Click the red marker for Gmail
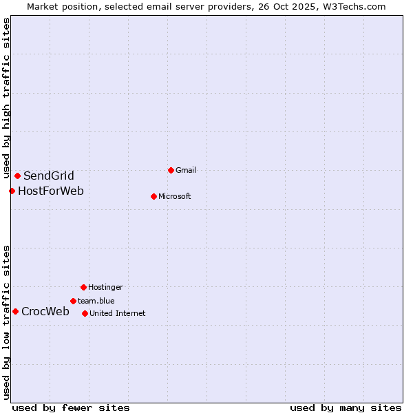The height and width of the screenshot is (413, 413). (x=171, y=170)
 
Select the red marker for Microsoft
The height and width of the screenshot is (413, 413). (x=153, y=196)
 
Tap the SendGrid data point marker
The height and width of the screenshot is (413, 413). (x=17, y=176)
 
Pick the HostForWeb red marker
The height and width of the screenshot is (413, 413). (x=12, y=191)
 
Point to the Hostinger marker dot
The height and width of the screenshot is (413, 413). (x=83, y=287)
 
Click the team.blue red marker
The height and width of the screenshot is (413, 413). (x=73, y=301)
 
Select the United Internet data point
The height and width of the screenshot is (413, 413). (x=85, y=313)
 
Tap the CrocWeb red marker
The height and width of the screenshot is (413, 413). (x=15, y=311)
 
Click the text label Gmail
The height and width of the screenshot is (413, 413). (x=186, y=170)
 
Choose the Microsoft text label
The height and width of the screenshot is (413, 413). (x=175, y=196)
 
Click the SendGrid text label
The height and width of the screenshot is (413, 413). (x=49, y=176)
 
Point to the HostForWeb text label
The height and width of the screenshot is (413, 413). (x=51, y=191)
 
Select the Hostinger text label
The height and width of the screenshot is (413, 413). (x=105, y=287)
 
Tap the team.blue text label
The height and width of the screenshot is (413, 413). (x=96, y=301)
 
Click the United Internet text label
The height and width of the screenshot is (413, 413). (x=118, y=313)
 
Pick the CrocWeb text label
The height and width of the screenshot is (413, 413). (x=45, y=311)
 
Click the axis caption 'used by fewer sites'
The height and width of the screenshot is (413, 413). (x=71, y=407)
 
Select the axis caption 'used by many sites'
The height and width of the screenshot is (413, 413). (x=346, y=407)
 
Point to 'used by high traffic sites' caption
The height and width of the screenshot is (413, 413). (x=6, y=98)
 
